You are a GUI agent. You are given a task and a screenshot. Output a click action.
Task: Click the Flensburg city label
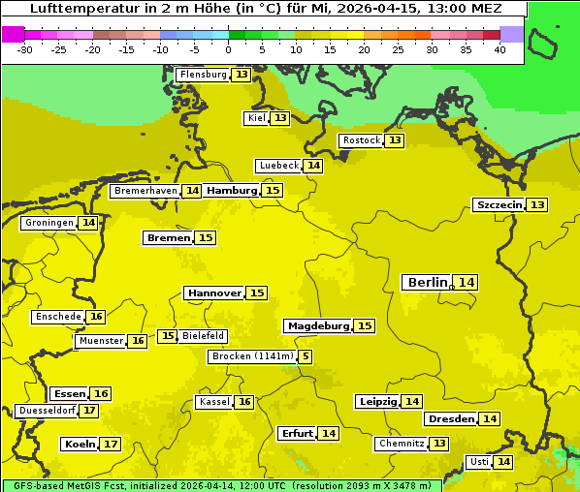pos(203,75)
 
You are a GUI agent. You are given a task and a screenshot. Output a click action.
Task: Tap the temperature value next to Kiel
pos(280,118)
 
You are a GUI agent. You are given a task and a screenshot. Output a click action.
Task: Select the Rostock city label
pos(361,140)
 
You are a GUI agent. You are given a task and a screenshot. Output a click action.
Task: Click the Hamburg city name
pos(232,191)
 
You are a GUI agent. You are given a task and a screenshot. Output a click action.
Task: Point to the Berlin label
pos(428,282)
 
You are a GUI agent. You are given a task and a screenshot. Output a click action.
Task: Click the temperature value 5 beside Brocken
pos(306,356)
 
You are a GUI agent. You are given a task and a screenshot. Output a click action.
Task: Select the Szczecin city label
pos(499,204)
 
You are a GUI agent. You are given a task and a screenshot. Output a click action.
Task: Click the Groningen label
pos(49,223)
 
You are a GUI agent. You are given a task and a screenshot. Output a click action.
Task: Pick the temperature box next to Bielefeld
pos(168,336)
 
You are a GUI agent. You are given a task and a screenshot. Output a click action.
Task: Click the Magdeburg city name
pos(317,326)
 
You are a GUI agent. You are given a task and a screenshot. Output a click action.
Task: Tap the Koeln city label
pos(79,445)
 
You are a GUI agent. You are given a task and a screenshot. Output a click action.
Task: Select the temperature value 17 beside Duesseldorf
pos(89,411)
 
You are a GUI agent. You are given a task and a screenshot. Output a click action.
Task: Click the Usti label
pos(479,462)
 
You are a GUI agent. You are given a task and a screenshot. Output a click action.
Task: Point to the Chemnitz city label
pos(402,444)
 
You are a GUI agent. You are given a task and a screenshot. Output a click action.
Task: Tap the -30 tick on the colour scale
pos(25,49)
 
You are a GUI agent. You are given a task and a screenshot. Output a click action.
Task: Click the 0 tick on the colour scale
pos(228,49)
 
